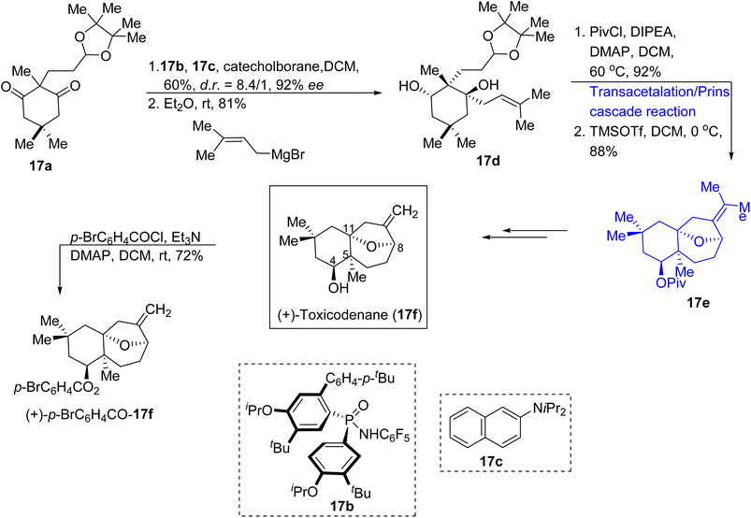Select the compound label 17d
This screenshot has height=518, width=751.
tap(488, 161)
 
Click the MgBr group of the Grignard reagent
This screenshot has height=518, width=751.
tap(288, 155)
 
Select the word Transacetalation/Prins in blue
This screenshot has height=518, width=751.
tap(659, 92)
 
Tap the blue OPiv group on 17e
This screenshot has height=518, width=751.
tap(671, 283)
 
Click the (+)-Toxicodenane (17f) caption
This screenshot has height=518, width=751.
tap(349, 316)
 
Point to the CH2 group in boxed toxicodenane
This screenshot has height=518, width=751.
tap(405, 211)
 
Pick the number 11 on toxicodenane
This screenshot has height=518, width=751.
tap(349, 229)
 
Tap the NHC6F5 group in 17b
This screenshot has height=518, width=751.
tap(384, 436)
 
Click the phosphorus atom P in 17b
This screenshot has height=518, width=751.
tap(349, 419)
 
